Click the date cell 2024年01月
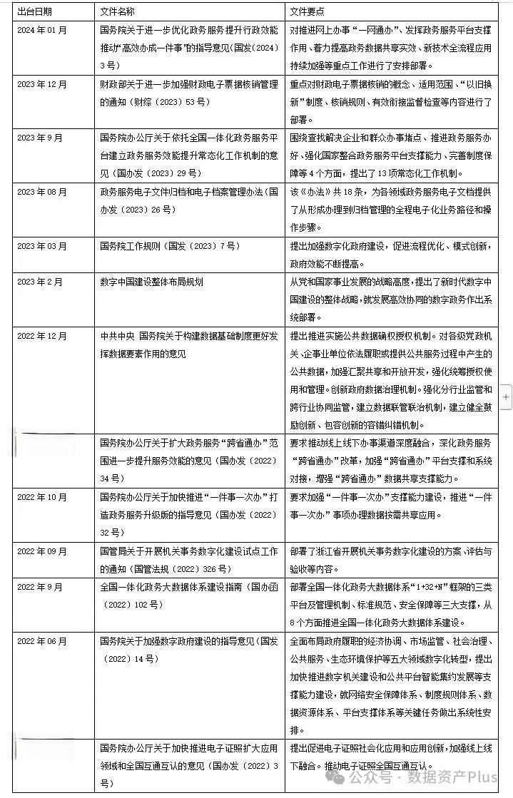click(x=44, y=31)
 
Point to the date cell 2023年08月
click(x=44, y=193)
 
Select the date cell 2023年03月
click(x=44, y=246)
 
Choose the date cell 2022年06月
click(x=44, y=641)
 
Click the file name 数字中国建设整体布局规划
click(x=151, y=282)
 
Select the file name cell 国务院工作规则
click(x=170, y=246)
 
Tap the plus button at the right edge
click(x=507, y=396)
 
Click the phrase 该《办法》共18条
click(x=332, y=193)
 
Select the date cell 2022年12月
click(x=44, y=335)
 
